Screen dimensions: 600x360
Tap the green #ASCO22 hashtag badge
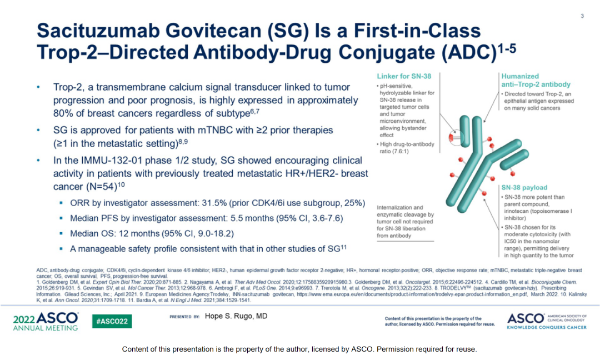[x=112, y=321]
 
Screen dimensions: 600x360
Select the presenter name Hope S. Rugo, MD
[x=236, y=316]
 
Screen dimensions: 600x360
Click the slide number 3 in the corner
[x=582, y=16]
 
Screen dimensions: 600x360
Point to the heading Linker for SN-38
[x=404, y=76]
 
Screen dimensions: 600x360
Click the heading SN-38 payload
[x=524, y=187]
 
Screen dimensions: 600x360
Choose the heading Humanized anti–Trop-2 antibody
[x=536, y=81]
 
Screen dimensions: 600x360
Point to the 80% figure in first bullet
[x=61, y=114]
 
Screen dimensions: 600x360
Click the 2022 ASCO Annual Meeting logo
[x=46, y=321]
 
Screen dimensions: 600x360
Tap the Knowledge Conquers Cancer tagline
[x=547, y=327]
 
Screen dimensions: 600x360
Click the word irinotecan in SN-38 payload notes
[x=517, y=211]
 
